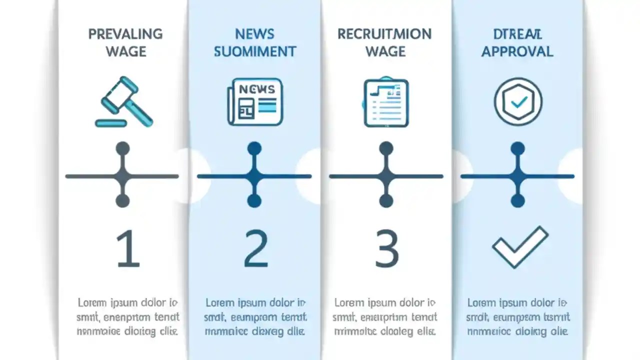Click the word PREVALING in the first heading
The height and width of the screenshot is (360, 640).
[x=125, y=34]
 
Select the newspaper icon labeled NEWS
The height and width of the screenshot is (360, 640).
[x=255, y=103]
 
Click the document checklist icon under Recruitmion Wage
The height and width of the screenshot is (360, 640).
[x=385, y=102]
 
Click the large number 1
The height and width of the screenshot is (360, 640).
[x=127, y=248]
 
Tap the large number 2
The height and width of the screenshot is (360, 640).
[x=256, y=248]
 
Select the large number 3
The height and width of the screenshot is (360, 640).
[x=386, y=248]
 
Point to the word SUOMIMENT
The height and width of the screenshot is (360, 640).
[x=255, y=51]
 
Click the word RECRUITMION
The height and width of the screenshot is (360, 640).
[x=384, y=34]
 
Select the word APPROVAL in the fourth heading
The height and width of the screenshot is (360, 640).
[x=517, y=51]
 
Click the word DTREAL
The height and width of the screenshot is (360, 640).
[x=517, y=34]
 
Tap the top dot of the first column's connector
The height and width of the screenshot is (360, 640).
[x=122, y=148]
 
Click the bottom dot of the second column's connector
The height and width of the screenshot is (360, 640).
[x=254, y=201]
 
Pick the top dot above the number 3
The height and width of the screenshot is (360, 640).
[x=386, y=148]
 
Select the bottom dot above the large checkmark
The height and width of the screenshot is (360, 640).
[x=518, y=201]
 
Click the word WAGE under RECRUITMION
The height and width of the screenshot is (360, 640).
[x=385, y=51]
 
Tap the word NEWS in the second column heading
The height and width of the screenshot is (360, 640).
[x=254, y=34]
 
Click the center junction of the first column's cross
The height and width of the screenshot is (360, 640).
[x=122, y=176]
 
